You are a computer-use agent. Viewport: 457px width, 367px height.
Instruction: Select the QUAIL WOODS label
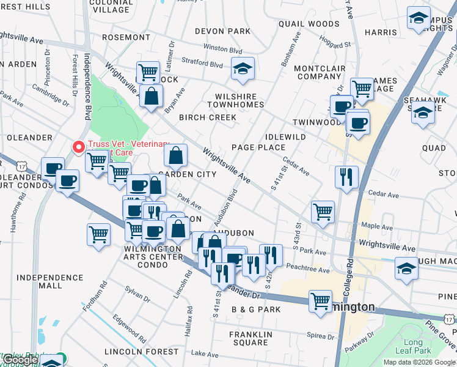point(300,24)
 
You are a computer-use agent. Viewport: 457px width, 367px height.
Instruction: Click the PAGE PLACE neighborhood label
point(258,147)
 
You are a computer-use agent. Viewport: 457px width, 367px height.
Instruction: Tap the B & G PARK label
point(256,310)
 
